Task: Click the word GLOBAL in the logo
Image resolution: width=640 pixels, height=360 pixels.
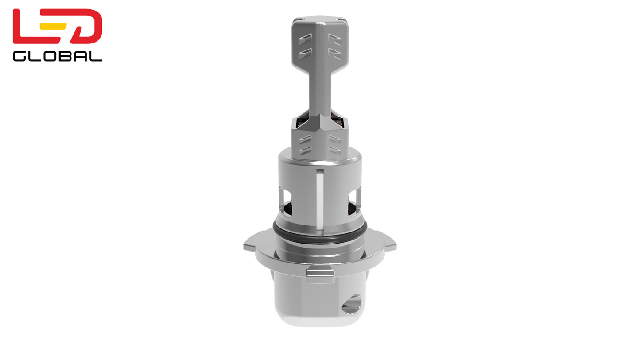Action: pos(57,56)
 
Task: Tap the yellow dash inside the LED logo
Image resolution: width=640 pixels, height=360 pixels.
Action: pos(53,26)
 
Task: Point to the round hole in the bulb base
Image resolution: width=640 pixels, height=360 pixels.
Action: pos(352,304)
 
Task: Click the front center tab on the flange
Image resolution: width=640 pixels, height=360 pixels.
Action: pos(320,274)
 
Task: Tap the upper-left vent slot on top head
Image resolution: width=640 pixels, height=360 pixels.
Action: pos(305,39)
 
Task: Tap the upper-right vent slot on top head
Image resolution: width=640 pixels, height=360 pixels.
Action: pos(335,39)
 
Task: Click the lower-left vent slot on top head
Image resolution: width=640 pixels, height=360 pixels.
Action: pos(305,54)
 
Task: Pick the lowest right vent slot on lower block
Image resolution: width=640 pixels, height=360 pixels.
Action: pos(335,151)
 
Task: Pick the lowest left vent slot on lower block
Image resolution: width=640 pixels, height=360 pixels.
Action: pos(305,151)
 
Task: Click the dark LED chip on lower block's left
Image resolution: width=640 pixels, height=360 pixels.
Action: pos(303,119)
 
